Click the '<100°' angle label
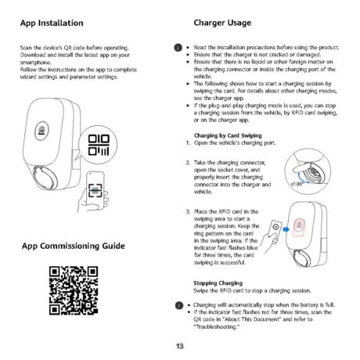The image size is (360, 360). tap(297, 183)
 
